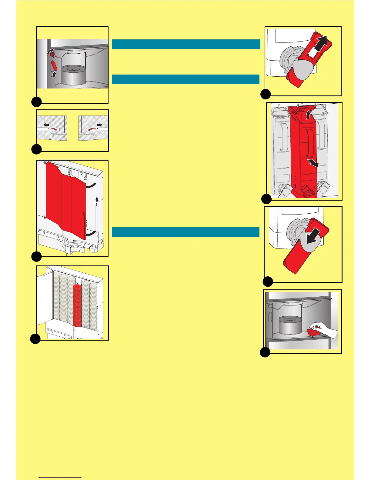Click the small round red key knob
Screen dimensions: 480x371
52,55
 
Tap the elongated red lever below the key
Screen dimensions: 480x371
54,65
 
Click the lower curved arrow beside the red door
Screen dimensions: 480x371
91,234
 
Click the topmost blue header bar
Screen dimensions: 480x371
186,44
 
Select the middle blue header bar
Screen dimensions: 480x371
185,79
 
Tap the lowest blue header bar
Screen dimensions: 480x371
185,232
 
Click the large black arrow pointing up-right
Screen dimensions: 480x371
322,43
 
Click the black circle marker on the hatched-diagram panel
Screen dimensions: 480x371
36,149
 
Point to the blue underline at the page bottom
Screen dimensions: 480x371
60,477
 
